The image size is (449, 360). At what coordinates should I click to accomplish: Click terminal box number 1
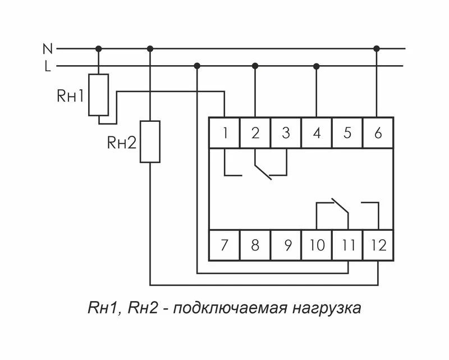point(224,133)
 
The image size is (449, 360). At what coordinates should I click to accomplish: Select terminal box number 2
point(255,133)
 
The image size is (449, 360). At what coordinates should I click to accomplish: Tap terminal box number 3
point(286,133)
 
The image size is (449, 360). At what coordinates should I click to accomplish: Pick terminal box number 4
point(317,133)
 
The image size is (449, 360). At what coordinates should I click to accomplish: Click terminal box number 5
point(347,133)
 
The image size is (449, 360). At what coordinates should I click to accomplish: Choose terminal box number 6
point(378,133)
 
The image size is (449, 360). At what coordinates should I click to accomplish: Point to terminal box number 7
point(224,245)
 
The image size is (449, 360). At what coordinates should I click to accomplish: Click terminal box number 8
point(255,245)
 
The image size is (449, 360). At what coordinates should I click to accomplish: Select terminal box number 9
point(286,245)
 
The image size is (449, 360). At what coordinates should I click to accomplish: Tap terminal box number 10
point(317,245)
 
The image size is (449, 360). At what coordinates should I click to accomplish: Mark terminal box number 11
point(347,245)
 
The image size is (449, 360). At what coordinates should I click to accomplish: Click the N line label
point(47,49)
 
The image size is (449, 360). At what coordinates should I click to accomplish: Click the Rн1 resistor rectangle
point(99,95)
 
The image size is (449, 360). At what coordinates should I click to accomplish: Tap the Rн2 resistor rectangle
point(150,142)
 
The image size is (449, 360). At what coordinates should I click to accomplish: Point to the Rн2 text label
point(122,143)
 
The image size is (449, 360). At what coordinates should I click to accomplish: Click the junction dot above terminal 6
point(377,49)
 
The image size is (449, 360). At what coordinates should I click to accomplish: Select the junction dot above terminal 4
point(316,66)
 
